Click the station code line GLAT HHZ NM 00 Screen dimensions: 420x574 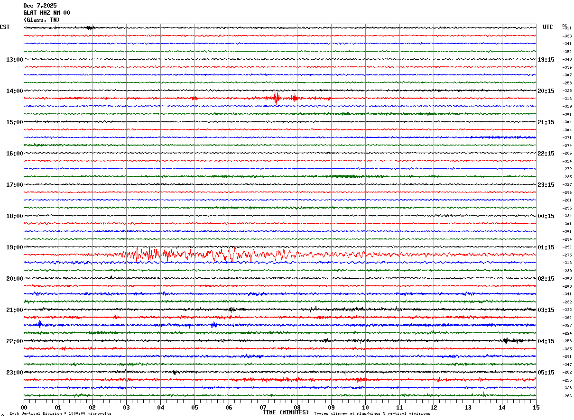46,13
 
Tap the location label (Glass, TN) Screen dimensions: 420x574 42,20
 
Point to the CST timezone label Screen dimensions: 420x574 5,27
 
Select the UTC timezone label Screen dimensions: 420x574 548,27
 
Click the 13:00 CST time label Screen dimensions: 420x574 14,59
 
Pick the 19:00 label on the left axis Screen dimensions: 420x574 14,247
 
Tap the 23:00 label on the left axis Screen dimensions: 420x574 14,372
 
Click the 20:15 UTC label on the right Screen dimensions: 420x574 546,91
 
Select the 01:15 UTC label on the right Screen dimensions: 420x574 546,247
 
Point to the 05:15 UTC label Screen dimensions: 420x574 546,372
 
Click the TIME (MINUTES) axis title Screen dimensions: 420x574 286,412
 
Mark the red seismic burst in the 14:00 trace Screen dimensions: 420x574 276,98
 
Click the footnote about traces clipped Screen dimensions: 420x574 372,414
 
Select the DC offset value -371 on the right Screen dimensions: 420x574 567,137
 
